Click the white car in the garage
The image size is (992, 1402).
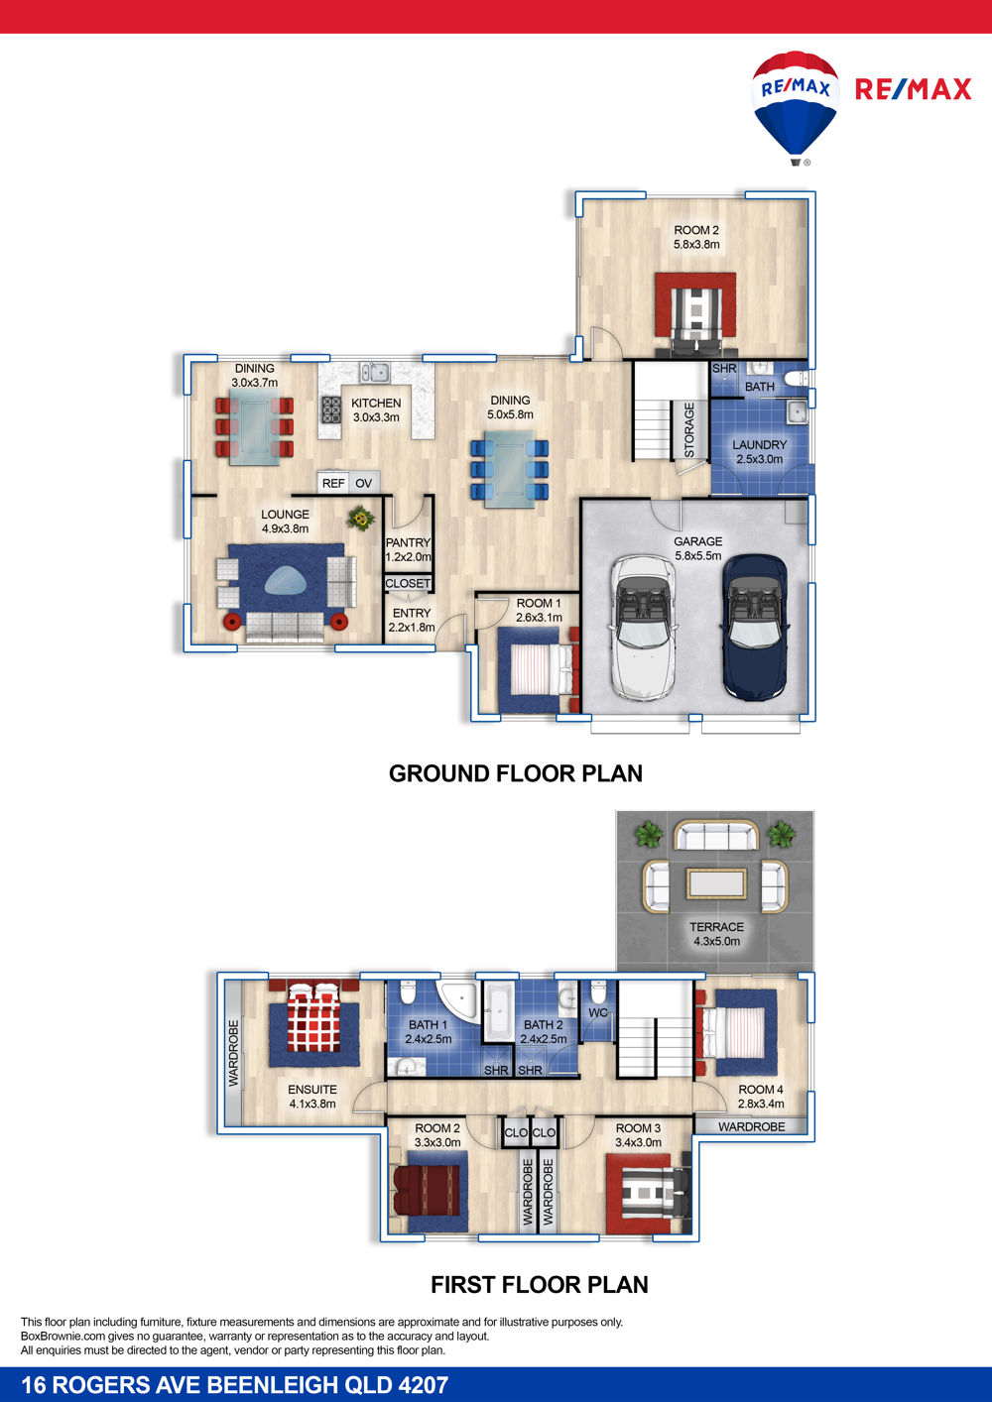(643, 627)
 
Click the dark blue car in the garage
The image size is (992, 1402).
(755, 627)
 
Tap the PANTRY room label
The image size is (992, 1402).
(408, 542)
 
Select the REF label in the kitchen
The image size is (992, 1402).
(333, 483)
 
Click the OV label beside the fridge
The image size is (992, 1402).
(364, 483)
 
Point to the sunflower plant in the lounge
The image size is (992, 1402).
(361, 519)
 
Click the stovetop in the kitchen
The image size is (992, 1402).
(331, 409)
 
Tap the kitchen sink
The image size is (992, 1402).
(375, 373)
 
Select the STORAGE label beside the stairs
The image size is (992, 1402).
(689, 430)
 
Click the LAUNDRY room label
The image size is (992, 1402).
(759, 444)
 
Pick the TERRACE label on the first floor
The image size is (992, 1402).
(717, 927)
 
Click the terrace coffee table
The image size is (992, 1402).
(717, 884)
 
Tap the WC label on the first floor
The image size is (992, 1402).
(598, 1012)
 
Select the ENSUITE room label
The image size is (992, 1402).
(312, 1090)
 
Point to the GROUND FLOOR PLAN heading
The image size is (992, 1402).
(516, 773)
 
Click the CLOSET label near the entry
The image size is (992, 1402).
(408, 583)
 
